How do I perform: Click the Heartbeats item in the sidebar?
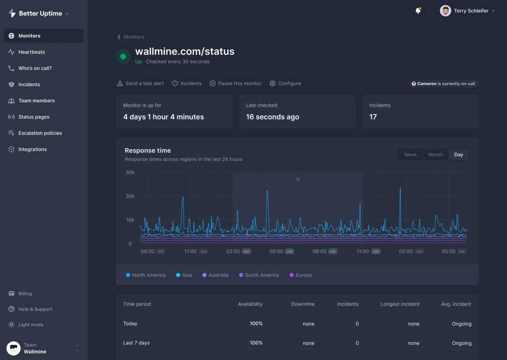coord(31,52)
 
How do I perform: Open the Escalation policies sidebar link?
coord(40,133)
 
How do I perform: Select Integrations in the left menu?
coord(32,149)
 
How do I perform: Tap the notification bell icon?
coord(418,11)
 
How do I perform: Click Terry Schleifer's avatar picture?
coord(445,11)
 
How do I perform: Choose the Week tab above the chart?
coord(410,155)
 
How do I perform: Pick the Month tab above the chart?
coord(435,155)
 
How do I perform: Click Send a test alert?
coord(140,83)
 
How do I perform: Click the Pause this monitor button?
coord(236,83)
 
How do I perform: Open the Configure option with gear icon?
coord(285,83)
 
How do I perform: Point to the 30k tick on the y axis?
coord(130,172)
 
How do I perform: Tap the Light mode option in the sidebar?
coord(30,325)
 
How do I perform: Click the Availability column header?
coord(250,304)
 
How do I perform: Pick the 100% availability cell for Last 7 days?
coord(256,343)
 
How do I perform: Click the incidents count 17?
coord(373,117)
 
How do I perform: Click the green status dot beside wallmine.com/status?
coord(123,57)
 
